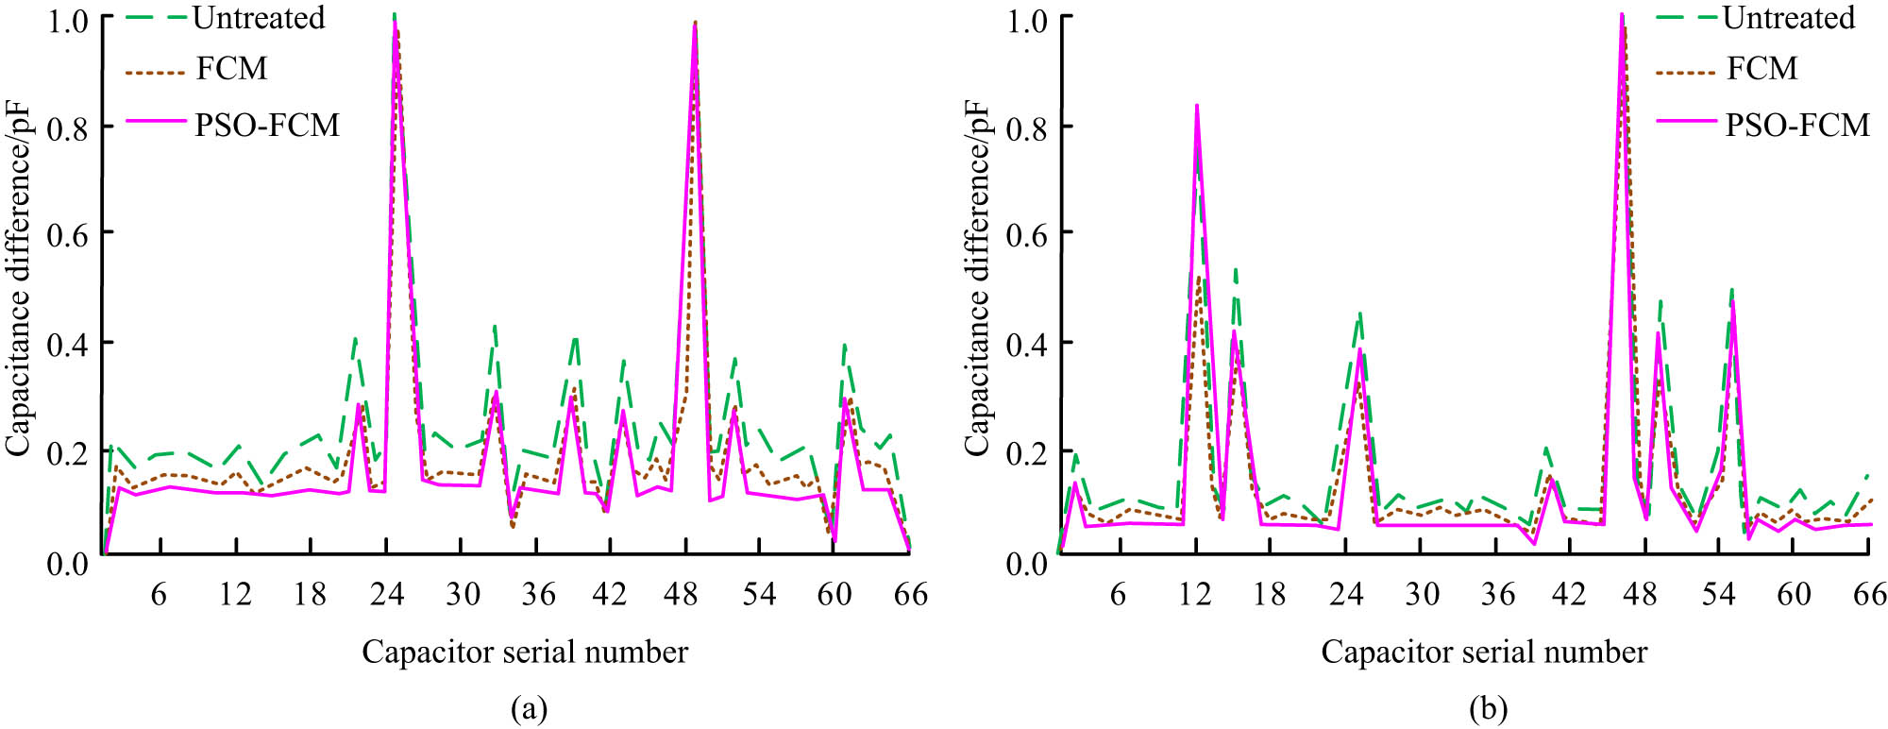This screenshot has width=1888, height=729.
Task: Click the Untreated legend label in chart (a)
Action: click(x=258, y=18)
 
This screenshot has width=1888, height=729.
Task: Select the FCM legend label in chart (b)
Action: click(x=1762, y=68)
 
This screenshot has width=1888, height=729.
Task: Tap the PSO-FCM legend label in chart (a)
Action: click(x=266, y=125)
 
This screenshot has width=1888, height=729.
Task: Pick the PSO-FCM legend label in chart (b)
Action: click(x=1796, y=125)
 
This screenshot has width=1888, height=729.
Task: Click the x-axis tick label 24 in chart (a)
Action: click(x=386, y=594)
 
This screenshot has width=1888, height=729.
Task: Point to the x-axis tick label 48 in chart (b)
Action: click(x=1641, y=594)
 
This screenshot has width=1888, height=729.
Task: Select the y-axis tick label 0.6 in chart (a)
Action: click(x=68, y=234)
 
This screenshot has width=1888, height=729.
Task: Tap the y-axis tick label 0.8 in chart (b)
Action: click(x=1027, y=127)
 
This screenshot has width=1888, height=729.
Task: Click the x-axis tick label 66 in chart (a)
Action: click(x=910, y=594)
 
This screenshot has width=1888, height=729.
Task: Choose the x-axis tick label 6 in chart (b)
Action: click(x=1118, y=594)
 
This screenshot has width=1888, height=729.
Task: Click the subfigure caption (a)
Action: click(x=528, y=708)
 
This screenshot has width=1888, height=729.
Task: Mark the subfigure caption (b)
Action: click(x=1488, y=708)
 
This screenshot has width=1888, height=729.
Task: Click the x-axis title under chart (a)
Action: click(x=525, y=652)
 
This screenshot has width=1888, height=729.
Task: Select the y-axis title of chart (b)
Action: click(x=976, y=279)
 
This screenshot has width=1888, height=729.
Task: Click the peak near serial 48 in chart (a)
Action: click(x=696, y=23)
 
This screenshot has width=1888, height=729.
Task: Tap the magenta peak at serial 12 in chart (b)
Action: click(x=1197, y=106)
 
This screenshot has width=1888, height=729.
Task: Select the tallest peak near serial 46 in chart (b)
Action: click(x=1622, y=15)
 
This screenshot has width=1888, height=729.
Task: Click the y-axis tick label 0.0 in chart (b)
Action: click(x=1027, y=564)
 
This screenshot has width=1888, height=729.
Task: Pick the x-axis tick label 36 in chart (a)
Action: click(x=538, y=594)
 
